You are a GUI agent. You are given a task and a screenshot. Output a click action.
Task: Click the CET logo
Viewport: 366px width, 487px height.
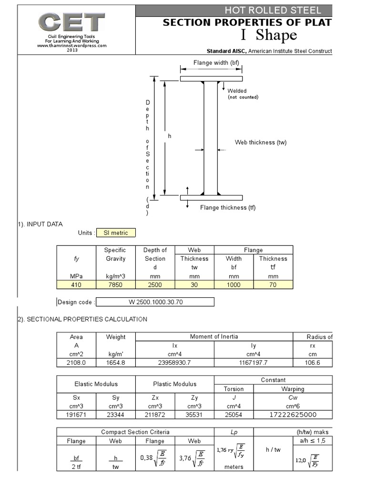72,22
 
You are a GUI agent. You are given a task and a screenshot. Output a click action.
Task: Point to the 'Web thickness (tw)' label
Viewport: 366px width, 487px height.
261,142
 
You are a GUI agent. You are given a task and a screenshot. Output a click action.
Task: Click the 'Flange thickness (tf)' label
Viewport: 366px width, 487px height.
227,207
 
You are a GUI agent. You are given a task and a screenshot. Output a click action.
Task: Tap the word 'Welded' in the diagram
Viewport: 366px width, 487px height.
237,91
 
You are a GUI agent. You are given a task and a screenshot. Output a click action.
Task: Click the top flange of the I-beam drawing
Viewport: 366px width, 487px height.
211,78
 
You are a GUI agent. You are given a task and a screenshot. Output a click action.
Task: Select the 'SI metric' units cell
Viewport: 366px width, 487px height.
115,233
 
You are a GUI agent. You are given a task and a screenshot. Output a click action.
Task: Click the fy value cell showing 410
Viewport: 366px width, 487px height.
76,285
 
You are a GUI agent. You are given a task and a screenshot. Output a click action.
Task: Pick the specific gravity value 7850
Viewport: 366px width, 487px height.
115,285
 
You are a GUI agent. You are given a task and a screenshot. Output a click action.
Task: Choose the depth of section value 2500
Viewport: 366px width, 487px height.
155,285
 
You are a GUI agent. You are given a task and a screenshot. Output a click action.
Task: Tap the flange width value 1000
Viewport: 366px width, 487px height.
234,285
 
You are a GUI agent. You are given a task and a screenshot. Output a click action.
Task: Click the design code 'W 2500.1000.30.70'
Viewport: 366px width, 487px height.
155,302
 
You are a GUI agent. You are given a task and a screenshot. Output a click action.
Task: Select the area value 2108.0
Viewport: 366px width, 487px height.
76,363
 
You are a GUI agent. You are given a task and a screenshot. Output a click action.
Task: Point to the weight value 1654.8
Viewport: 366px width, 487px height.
115,363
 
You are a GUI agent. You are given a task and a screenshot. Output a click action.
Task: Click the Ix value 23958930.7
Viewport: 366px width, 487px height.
175,363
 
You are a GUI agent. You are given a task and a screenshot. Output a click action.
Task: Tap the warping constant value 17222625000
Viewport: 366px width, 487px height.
293,414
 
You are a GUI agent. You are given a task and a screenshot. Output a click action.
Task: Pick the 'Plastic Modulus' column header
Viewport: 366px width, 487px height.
174,384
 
